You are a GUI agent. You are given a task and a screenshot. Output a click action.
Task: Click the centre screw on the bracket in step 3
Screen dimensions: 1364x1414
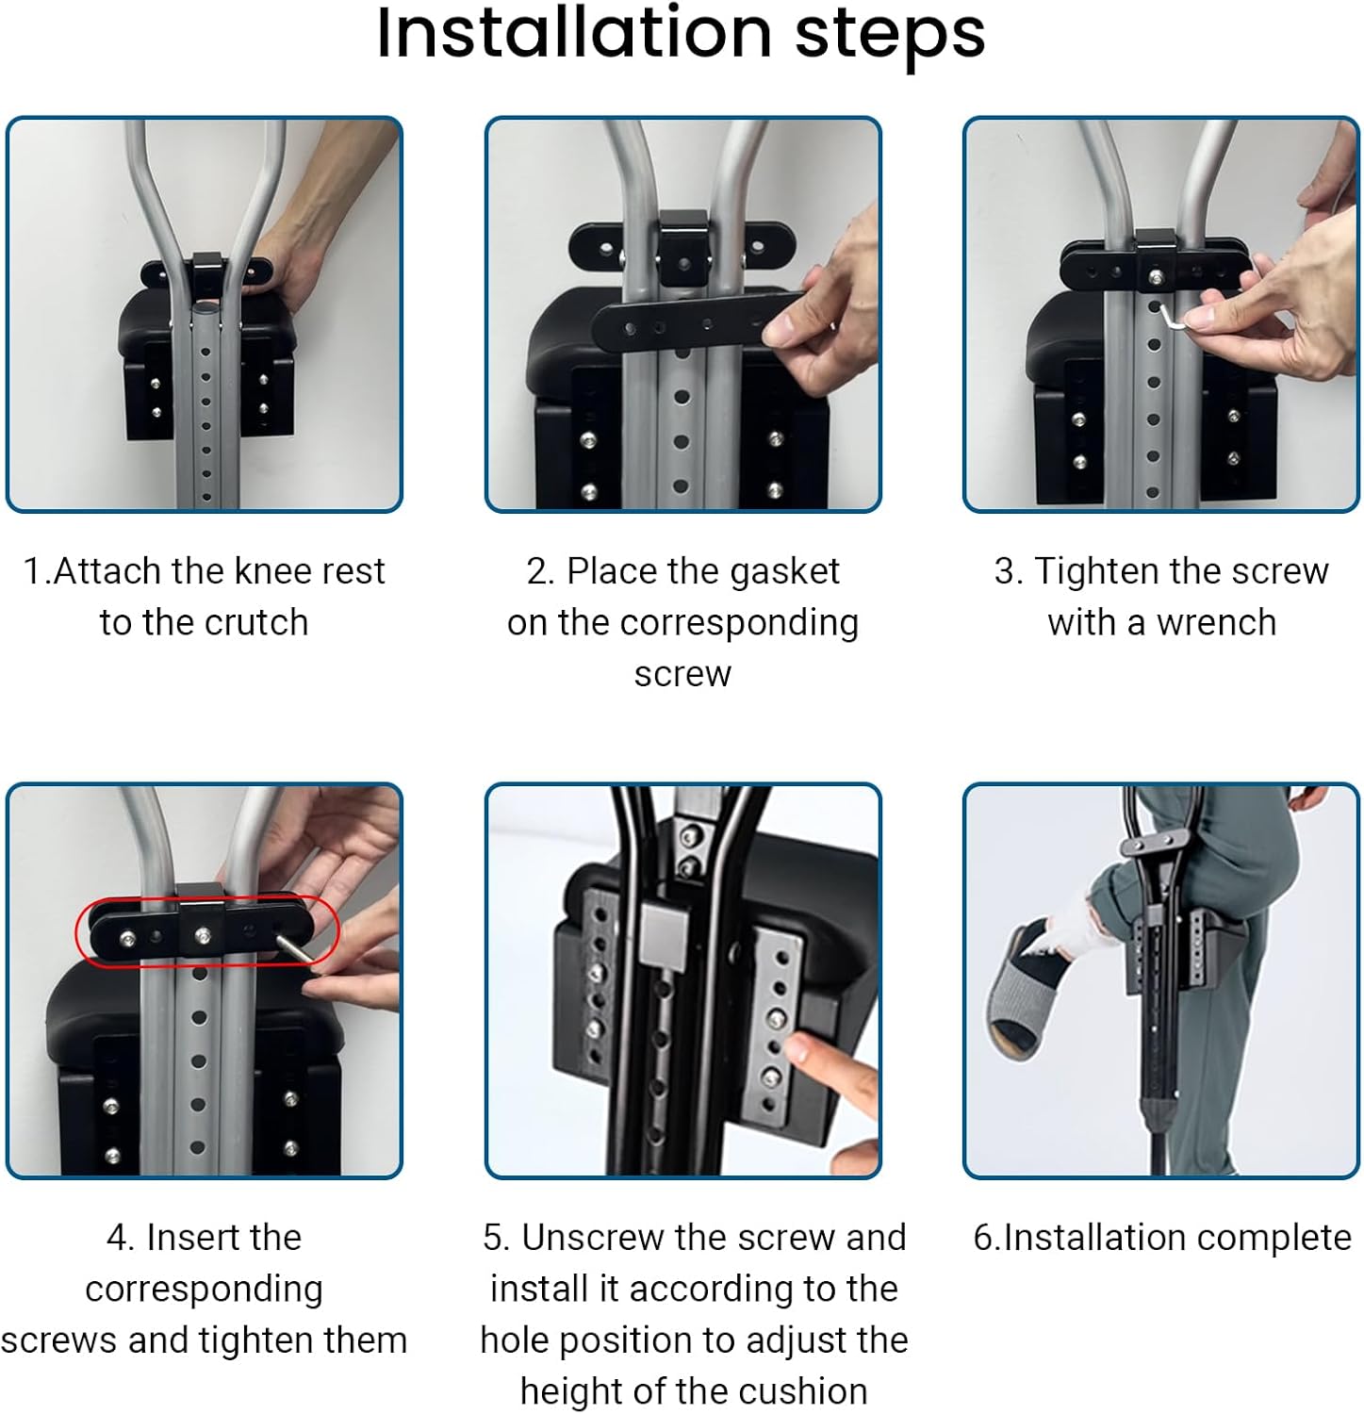click(x=1155, y=276)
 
